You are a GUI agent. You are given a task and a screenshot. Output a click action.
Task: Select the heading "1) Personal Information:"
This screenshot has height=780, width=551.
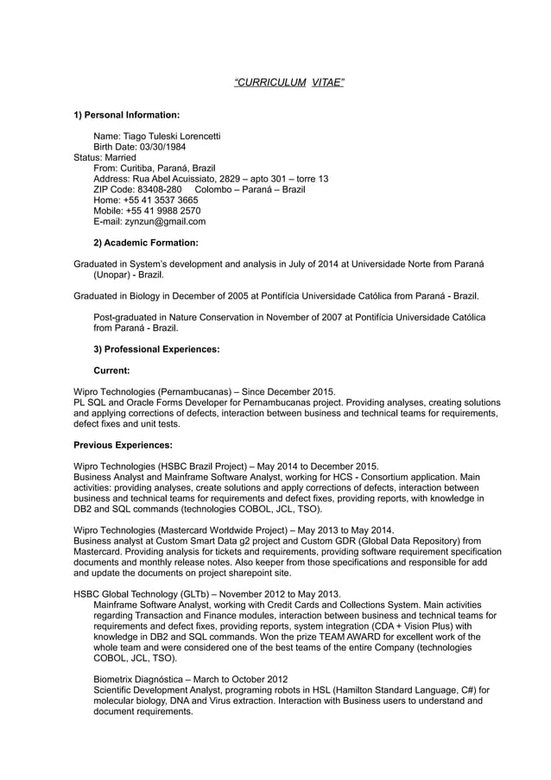coord(126,114)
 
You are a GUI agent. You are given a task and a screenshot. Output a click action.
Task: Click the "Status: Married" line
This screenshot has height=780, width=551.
coord(104,157)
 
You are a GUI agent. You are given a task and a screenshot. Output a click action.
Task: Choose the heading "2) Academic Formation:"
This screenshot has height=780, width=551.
coord(145,243)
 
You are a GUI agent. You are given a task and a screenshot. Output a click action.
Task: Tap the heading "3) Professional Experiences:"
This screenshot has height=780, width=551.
coord(155,349)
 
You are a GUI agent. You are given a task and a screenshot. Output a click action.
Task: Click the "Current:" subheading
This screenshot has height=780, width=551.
coord(111,371)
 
